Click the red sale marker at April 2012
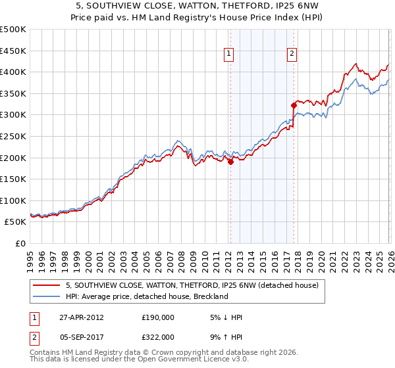tap(230, 162)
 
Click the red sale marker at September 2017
tap(294, 105)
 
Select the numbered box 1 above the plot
tap(228, 55)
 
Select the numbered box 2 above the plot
tap(292, 55)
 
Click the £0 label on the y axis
tap(20, 243)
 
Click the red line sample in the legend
tap(47, 285)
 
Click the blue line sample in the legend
tap(47, 296)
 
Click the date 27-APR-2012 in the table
tap(82, 317)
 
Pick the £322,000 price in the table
tap(157, 336)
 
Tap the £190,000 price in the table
tap(157, 317)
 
